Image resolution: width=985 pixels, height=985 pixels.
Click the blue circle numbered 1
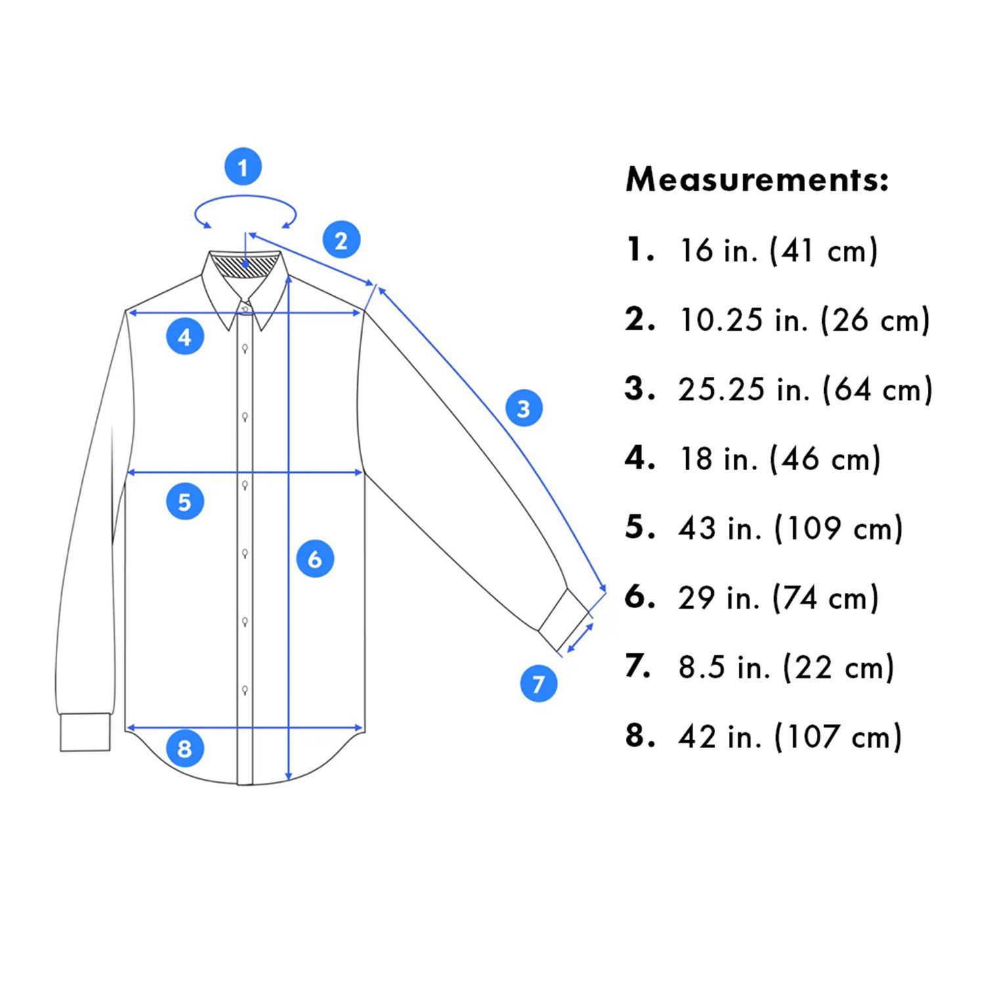pyautogui.click(x=243, y=167)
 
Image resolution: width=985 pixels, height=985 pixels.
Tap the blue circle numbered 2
pyautogui.click(x=341, y=240)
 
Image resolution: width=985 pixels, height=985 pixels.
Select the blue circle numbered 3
pyautogui.click(x=524, y=408)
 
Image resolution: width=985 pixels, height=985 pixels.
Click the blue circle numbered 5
pyautogui.click(x=185, y=501)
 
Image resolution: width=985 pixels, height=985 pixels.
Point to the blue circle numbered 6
pyautogui.click(x=315, y=559)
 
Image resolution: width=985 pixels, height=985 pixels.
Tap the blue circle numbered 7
pyautogui.click(x=538, y=683)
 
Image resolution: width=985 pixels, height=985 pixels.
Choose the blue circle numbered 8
pyautogui.click(x=185, y=748)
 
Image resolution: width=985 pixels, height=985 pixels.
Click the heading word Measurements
pyautogui.click(x=757, y=179)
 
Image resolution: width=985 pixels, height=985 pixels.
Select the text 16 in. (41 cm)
pyautogui.click(x=778, y=250)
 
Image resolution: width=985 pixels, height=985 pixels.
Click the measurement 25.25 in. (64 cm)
pyautogui.click(x=805, y=389)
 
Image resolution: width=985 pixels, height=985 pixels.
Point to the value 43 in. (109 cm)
pyautogui.click(x=791, y=529)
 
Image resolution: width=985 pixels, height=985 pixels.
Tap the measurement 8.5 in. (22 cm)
pyautogui.click(x=786, y=667)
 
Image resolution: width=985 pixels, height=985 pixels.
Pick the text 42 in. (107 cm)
pyautogui.click(x=790, y=737)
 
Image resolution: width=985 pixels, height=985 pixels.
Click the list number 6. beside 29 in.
pyautogui.click(x=640, y=597)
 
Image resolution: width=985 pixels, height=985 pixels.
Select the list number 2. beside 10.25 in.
pyautogui.click(x=640, y=319)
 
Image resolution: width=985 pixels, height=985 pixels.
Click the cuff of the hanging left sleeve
pyautogui.click(x=85, y=732)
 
